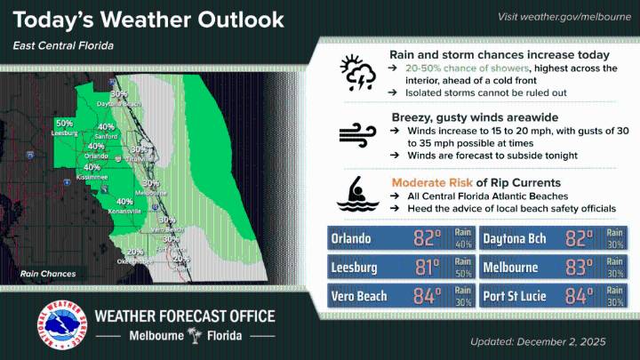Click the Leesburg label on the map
click(65, 132)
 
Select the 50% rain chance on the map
click(64, 124)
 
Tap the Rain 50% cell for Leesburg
click(462, 268)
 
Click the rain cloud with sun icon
click(357, 73)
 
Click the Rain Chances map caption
click(45, 275)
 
